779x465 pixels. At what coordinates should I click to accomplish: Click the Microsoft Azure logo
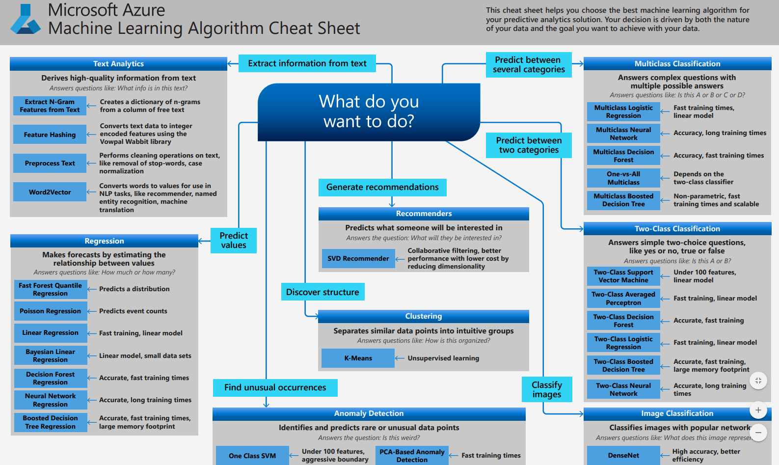point(26,20)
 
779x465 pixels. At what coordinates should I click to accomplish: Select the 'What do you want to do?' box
point(369,111)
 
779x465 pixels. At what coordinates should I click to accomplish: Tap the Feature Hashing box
point(50,135)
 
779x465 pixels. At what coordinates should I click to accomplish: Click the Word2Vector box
point(50,192)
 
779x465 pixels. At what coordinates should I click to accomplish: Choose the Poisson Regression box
point(50,311)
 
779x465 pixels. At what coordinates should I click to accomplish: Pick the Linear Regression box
point(50,333)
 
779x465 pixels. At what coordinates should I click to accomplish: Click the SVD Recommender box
point(358,259)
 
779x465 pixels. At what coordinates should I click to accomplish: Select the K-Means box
point(358,358)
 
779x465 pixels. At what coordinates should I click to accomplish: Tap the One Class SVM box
point(252,456)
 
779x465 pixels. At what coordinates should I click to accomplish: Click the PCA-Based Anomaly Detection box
point(411,456)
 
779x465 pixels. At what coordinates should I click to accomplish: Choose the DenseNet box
point(623,456)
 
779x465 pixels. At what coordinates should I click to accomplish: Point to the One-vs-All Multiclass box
point(623,178)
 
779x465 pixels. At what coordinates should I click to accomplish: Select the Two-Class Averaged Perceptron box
point(623,299)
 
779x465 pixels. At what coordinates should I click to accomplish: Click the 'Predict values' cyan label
point(234,241)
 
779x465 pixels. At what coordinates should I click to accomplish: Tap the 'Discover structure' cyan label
point(322,292)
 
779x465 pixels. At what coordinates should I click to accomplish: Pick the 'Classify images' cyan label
point(547,389)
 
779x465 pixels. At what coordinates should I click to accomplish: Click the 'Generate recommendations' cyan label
point(382,187)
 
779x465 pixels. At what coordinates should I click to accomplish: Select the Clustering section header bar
point(424,316)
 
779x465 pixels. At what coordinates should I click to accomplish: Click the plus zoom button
point(758,410)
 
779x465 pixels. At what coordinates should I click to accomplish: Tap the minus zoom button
point(758,433)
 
